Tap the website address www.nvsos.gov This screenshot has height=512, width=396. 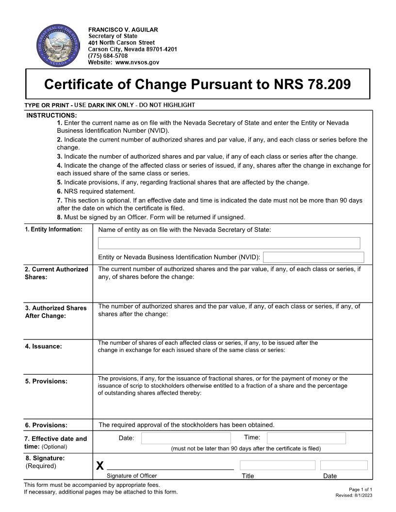[x=137, y=63]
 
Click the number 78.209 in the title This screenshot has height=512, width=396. [x=329, y=84]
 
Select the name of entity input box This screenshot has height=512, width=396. [x=229, y=243]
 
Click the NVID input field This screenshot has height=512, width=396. [x=313, y=257]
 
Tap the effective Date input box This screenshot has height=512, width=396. [x=186, y=438]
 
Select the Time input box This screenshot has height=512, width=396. [x=306, y=438]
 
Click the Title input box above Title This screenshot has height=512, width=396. [x=277, y=465]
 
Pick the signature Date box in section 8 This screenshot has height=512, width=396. [x=344, y=465]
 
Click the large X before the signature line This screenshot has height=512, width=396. [x=100, y=466]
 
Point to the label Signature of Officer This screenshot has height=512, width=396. [x=132, y=476]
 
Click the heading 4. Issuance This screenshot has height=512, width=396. [x=43, y=346]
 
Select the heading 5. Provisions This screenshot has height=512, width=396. [x=46, y=381]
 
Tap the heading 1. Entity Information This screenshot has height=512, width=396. [x=53, y=229]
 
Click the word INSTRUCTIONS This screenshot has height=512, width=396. [x=51, y=115]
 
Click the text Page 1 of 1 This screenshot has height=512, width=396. [x=360, y=490]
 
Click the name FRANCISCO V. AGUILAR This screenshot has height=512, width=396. [x=123, y=30]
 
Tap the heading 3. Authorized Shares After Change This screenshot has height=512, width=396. [x=55, y=312]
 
